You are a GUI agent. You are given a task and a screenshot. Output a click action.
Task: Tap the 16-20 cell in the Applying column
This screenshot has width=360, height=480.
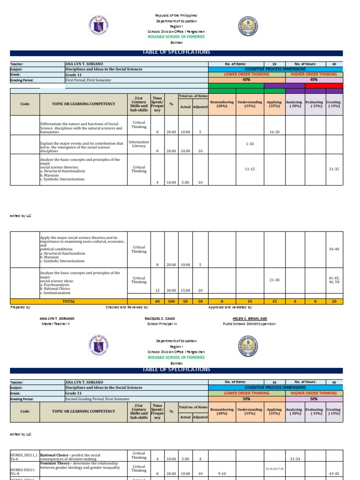pos(275,132)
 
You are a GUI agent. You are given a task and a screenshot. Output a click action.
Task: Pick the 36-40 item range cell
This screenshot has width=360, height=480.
pos(334,248)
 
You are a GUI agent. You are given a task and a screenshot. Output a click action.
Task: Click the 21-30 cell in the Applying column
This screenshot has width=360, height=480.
pos(275,280)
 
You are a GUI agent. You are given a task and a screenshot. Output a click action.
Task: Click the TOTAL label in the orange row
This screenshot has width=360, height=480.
pos(69,301)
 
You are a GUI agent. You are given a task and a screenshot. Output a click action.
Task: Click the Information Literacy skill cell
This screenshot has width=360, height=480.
pos(139,143)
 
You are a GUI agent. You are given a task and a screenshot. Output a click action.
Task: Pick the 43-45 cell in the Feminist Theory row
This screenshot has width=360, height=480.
pos(334,473)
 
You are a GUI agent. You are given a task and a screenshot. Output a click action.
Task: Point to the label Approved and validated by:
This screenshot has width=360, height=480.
pos(230,307)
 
